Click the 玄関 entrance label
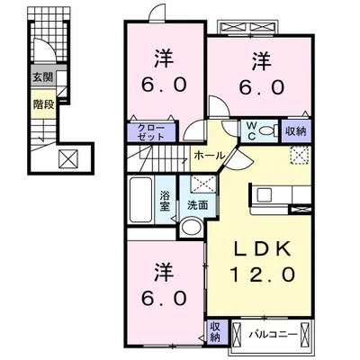(43, 77)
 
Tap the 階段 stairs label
(44, 104)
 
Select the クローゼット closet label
(151, 132)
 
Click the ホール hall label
(209, 156)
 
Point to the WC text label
(251, 131)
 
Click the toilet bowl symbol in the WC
(266, 130)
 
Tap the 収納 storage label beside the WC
(295, 130)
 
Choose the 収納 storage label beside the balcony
(215, 331)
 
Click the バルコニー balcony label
(273, 334)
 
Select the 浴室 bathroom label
(165, 201)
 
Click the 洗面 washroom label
(197, 205)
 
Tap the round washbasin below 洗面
(192, 227)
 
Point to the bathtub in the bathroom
(140, 200)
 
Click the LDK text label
(262, 248)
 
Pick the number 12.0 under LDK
(262, 274)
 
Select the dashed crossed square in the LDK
(299, 155)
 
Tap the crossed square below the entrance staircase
(68, 159)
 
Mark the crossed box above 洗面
(203, 184)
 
